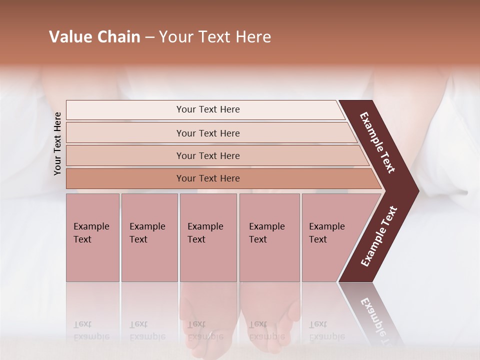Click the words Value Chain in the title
tap(94, 37)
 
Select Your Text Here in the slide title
tap(215, 37)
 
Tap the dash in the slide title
tap(149, 37)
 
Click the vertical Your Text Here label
tap(57, 143)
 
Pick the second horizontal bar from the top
tap(207, 133)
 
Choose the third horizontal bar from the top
tap(207, 155)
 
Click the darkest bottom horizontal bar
tap(207, 178)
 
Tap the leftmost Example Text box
tap(92, 237)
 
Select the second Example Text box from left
tap(149, 237)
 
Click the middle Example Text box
tap(208, 237)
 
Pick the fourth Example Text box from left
tap(269, 237)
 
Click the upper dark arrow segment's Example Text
tap(378, 142)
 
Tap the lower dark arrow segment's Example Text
tap(379, 236)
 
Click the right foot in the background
tap(270, 320)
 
